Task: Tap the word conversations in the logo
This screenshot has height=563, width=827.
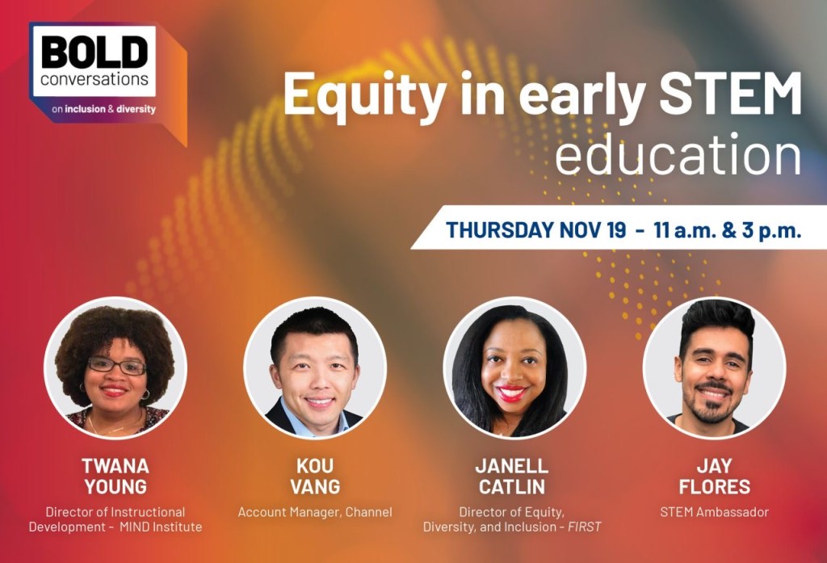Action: click(x=94, y=80)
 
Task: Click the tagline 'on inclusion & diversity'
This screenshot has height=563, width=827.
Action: click(x=103, y=109)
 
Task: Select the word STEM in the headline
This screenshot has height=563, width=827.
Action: click(x=730, y=94)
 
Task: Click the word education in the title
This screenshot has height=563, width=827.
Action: click(x=678, y=154)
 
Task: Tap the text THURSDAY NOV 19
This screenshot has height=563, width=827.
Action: click(x=536, y=230)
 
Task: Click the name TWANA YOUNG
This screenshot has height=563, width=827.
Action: click(x=115, y=476)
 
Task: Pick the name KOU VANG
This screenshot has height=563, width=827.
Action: click(x=316, y=476)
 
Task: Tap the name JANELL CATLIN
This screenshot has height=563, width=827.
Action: click(x=511, y=476)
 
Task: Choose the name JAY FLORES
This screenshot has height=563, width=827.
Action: click(x=714, y=476)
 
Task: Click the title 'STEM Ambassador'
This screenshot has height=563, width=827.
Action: click(x=714, y=512)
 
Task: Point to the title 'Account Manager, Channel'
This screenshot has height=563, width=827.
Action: click(x=315, y=512)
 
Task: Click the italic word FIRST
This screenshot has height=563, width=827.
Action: click(x=585, y=527)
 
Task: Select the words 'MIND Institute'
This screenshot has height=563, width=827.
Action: click(x=161, y=527)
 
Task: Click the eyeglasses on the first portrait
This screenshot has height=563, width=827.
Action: click(x=116, y=365)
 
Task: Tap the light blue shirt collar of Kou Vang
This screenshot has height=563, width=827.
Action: click(x=315, y=419)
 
